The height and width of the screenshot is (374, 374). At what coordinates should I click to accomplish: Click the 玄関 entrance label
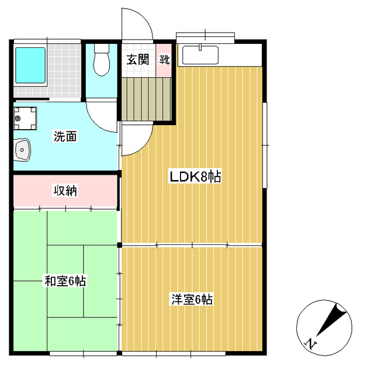coord(138,60)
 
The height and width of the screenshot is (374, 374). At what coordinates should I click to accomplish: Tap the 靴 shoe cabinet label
coord(164,60)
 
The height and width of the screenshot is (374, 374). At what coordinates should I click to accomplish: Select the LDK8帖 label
coord(195,176)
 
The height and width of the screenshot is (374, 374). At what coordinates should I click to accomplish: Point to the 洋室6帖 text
coord(192,300)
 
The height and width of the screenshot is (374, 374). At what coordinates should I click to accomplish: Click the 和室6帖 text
coord(65,280)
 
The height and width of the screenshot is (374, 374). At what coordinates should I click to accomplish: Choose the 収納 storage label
coord(65,191)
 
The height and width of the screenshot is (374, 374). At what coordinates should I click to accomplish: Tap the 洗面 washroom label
coord(65,136)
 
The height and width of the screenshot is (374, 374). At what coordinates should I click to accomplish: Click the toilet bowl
coord(102,60)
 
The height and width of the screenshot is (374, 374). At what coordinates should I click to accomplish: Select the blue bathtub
coord(30,65)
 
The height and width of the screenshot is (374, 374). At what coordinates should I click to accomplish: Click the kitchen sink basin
coord(200,55)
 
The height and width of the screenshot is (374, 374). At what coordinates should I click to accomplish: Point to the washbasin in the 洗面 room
coord(22,150)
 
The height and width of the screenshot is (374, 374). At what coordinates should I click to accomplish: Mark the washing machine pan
coord(25,118)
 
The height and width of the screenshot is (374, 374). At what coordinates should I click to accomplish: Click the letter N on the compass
coord(311,344)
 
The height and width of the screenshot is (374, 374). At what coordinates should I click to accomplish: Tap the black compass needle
coord(331,319)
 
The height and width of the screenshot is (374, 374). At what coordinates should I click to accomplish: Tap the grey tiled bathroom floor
coord(64,71)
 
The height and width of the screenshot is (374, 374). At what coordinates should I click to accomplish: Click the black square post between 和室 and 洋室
coord(119,245)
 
